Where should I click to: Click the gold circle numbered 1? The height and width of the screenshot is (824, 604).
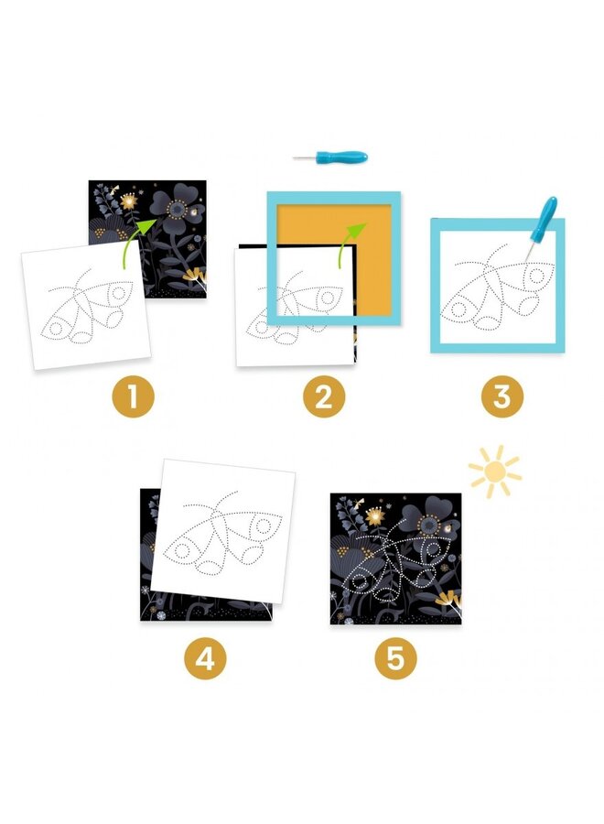[x=133, y=396]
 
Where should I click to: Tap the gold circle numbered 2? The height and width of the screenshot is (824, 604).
[x=324, y=396]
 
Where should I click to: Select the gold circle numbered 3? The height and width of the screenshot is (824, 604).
[x=502, y=396]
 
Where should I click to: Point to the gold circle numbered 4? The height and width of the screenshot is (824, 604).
[x=205, y=658]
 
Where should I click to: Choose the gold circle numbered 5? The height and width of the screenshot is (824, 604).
[x=396, y=658]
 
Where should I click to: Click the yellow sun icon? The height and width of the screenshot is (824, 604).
[x=495, y=472]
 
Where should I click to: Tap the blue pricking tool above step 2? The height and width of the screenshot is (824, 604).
[x=331, y=157]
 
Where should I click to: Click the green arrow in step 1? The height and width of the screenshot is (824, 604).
[x=138, y=241]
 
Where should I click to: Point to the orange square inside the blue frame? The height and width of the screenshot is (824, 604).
[x=336, y=226]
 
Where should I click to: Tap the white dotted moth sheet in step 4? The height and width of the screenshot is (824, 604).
[x=223, y=531]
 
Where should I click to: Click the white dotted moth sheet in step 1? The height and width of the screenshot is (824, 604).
[x=86, y=304]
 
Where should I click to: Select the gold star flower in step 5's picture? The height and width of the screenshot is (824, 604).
[x=375, y=515]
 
